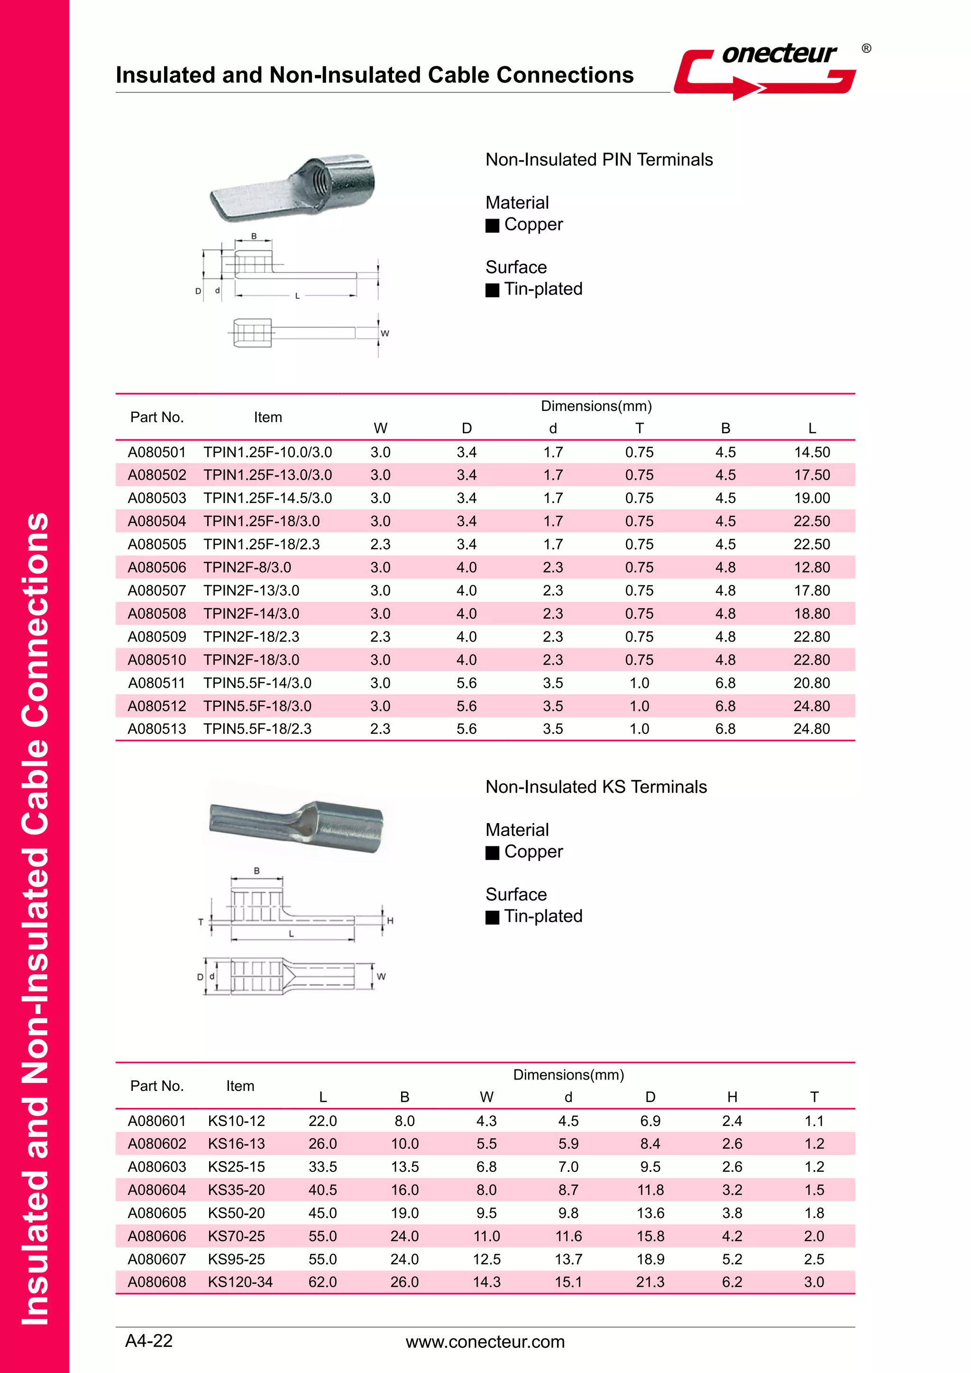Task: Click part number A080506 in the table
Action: (x=156, y=568)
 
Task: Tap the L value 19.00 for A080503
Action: (x=811, y=498)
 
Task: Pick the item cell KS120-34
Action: (x=240, y=1282)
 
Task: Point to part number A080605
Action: (x=156, y=1213)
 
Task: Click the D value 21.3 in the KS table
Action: (x=650, y=1282)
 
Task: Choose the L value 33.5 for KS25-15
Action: (x=322, y=1167)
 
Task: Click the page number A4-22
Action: (x=149, y=1341)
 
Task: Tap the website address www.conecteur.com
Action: (x=485, y=1342)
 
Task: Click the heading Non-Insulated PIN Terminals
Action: (x=598, y=160)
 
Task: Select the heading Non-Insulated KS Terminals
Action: (x=595, y=787)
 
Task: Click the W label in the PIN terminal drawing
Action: (x=385, y=334)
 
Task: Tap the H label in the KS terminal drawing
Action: (x=390, y=921)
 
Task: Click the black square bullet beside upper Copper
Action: (x=492, y=226)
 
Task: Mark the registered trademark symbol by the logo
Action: (x=866, y=48)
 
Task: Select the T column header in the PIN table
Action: (x=639, y=428)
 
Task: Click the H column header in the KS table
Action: (x=732, y=1097)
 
